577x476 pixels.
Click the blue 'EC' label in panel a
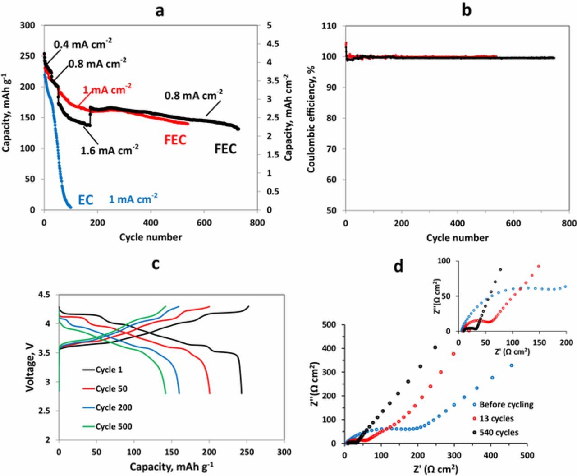pyautogui.click(x=86, y=199)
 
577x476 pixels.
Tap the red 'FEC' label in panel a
pyautogui.click(x=175, y=140)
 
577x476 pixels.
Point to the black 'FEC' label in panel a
pyautogui.click(x=225, y=148)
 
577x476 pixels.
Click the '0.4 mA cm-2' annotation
pyautogui.click(x=83, y=44)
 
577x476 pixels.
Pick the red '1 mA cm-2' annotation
pyautogui.click(x=107, y=89)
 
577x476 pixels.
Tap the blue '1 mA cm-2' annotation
pyautogui.click(x=133, y=199)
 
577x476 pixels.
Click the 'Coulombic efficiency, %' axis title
pyautogui.click(x=311, y=119)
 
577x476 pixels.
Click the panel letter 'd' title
pyautogui.click(x=398, y=267)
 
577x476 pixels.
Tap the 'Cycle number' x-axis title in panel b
pyautogui.click(x=457, y=237)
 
